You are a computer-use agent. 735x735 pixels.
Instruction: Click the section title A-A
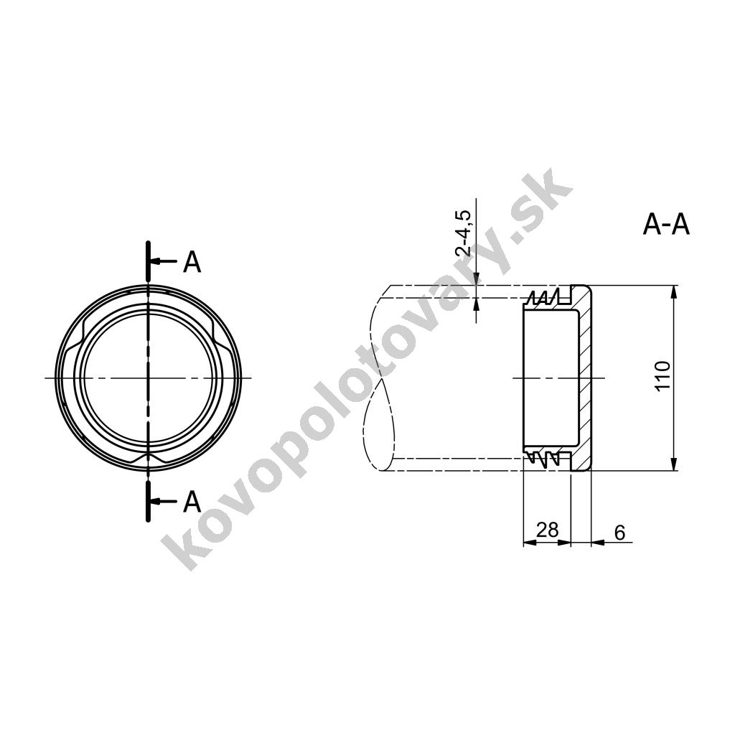[x=665, y=225]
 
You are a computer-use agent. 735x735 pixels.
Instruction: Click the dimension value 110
[x=663, y=376]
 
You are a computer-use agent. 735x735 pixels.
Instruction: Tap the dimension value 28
[x=547, y=530]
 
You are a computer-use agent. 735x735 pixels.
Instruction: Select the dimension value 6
[x=619, y=533]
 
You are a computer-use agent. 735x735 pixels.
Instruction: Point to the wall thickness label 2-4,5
[x=463, y=233]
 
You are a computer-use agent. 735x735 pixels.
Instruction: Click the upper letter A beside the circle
[x=192, y=262]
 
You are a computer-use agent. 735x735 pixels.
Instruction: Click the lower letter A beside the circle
[x=192, y=502]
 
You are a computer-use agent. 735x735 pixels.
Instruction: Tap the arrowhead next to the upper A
[x=156, y=261]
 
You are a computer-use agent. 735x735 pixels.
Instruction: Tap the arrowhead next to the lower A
[x=156, y=501]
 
